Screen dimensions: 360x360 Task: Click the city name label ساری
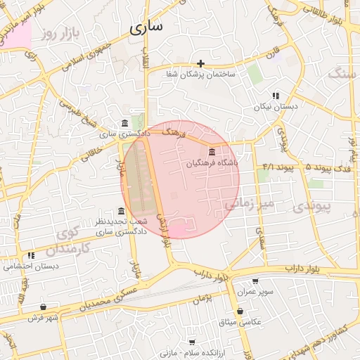(146, 27)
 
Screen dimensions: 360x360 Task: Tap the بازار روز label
(57, 32)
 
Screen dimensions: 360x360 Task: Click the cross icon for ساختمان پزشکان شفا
(201, 64)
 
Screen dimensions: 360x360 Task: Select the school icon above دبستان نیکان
(276, 96)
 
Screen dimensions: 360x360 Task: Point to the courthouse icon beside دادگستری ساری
(124, 123)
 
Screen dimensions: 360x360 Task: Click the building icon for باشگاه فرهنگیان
(212, 152)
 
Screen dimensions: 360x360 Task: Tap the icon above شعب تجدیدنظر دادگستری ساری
(122, 211)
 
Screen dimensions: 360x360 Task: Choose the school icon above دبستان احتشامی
(30, 256)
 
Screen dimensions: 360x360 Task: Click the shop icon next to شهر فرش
(44, 307)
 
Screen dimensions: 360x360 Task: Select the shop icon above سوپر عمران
(255, 281)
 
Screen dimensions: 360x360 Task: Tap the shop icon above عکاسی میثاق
(240, 311)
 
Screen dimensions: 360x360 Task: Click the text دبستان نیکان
(276, 107)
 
